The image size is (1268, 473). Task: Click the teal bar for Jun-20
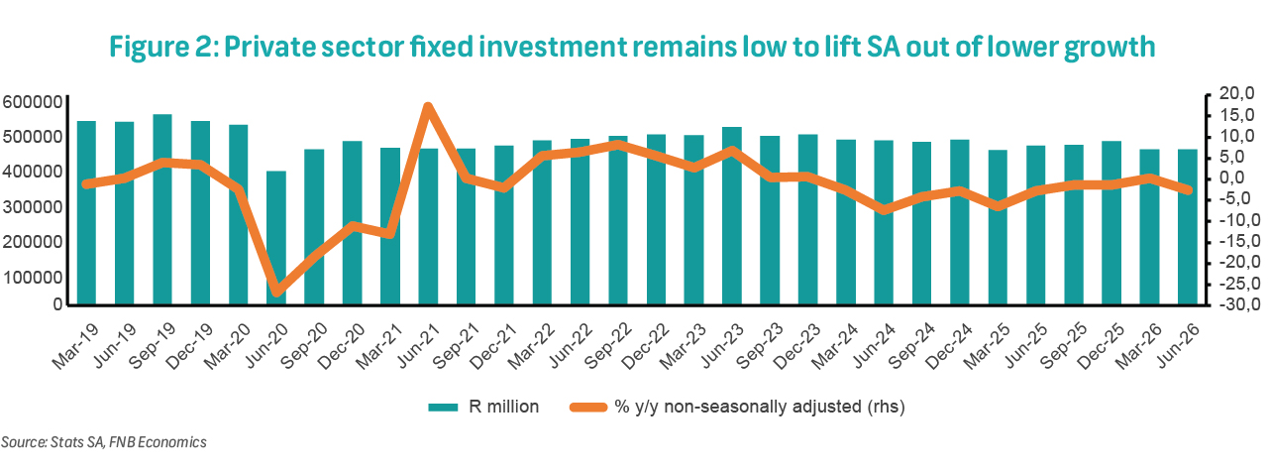pyautogui.click(x=276, y=238)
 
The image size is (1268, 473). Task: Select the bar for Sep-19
pyautogui.click(x=162, y=209)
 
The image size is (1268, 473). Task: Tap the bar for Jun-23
pyautogui.click(x=732, y=216)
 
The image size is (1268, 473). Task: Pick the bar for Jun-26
pyautogui.click(x=1188, y=227)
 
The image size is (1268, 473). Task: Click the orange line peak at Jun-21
pyautogui.click(x=428, y=106)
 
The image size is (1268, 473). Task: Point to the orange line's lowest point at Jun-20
pyautogui.click(x=276, y=292)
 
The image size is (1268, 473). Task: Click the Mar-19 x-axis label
pyautogui.click(x=75, y=346)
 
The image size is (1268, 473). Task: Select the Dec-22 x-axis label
pyautogui.click(x=645, y=346)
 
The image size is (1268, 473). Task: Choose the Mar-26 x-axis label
pyautogui.click(x=1139, y=346)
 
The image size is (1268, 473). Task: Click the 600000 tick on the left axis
pyautogui.click(x=33, y=102)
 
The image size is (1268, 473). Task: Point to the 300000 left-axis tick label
pyautogui.click(x=33, y=207)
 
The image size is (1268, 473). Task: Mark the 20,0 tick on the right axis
pyautogui.click(x=1237, y=93)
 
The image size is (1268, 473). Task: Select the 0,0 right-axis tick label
pyautogui.click(x=1239, y=177)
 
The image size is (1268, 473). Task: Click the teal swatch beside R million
pyautogui.click(x=443, y=408)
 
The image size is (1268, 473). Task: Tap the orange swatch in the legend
pyautogui.click(x=588, y=408)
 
